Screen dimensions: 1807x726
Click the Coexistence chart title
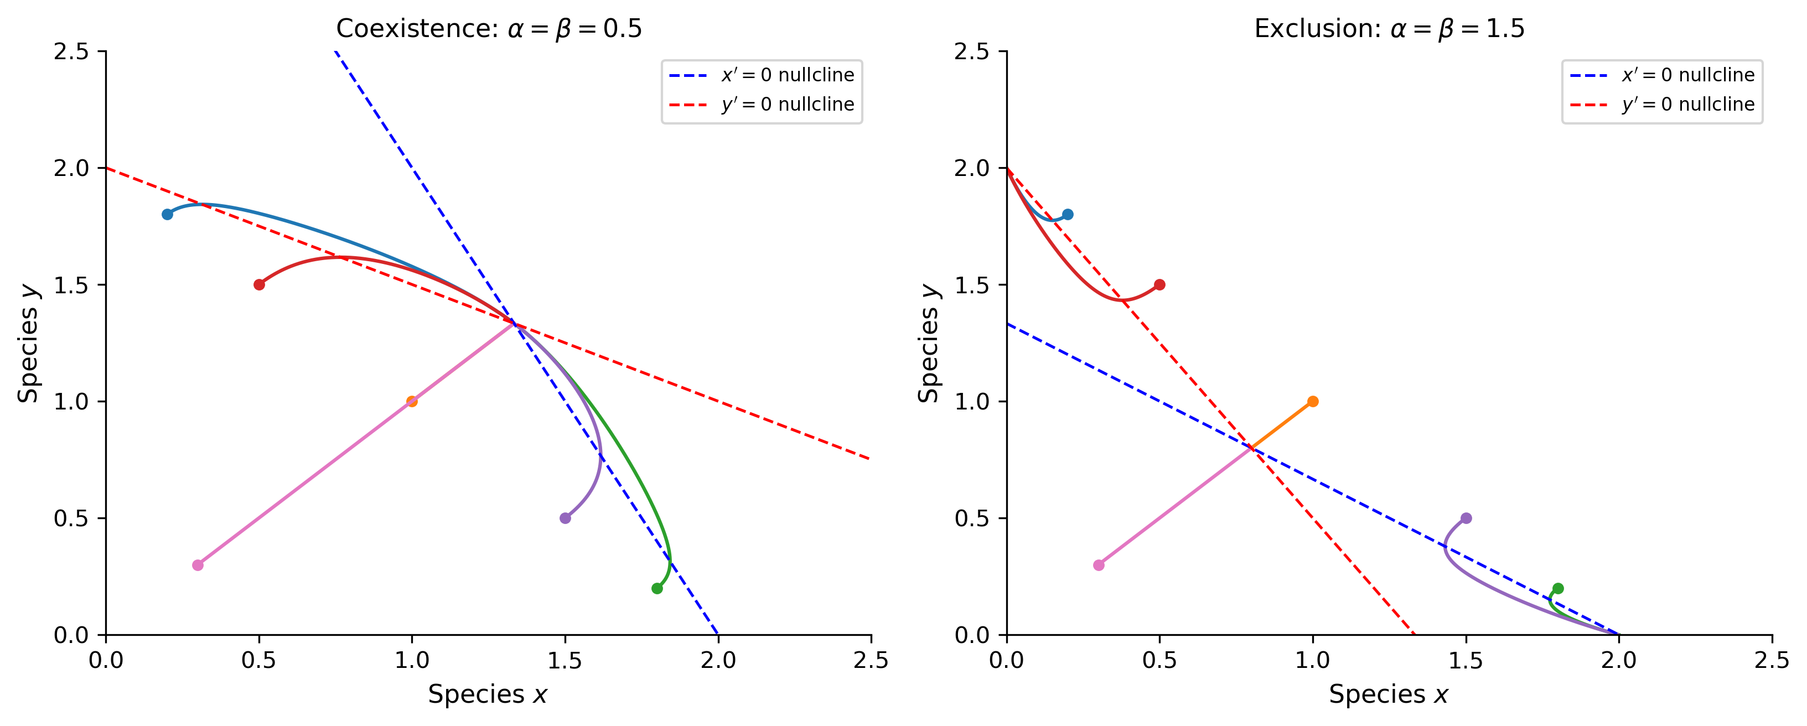[489, 29]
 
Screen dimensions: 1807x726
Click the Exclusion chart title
[1389, 29]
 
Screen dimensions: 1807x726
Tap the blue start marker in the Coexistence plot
[167, 214]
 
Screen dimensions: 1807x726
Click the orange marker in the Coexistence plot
[412, 401]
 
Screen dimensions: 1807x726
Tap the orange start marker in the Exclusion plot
[1312, 401]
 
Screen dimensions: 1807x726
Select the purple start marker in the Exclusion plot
[1466, 518]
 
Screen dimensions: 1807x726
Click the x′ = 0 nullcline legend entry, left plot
[762, 75]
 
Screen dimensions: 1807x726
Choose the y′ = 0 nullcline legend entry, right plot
[1663, 105]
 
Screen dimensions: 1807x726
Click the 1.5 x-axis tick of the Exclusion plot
[1466, 660]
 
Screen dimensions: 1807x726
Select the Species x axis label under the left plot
[488, 694]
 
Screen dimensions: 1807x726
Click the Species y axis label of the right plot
[929, 343]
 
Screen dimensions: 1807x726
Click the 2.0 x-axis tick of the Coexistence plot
[718, 660]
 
